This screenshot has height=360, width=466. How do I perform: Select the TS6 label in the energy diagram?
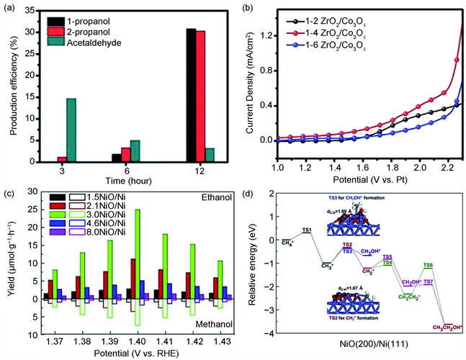tap(428, 266)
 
